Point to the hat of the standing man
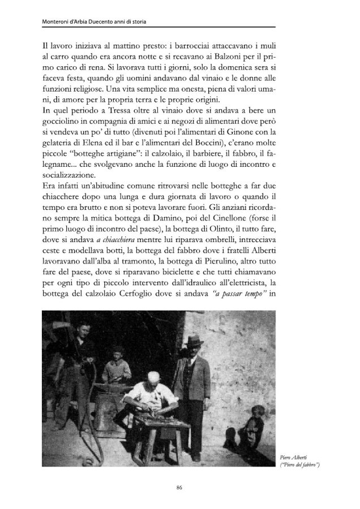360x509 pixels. click(x=196, y=342)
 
